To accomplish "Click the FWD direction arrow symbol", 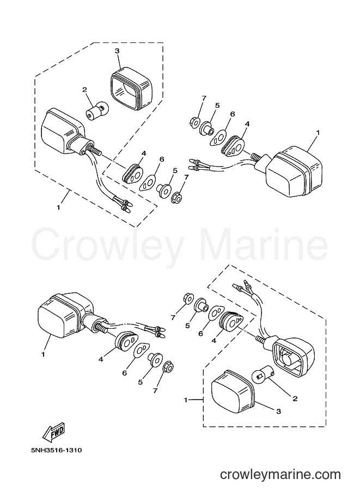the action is click(x=54, y=432).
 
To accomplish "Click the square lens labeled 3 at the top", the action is click(x=131, y=89).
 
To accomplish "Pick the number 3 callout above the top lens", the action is click(x=117, y=51).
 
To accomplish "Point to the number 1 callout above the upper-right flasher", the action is click(x=318, y=132).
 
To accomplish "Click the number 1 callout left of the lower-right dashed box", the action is click(x=186, y=400).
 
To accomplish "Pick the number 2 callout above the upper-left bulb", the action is click(x=84, y=90).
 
